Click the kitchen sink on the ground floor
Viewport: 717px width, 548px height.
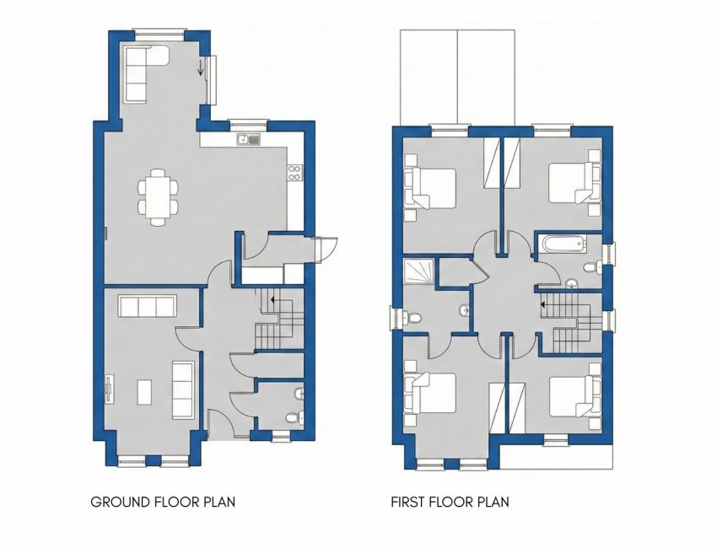[248, 139]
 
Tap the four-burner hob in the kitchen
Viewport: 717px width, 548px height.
[294, 173]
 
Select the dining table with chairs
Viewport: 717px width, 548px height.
[159, 197]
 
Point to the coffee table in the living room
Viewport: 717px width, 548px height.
[144, 392]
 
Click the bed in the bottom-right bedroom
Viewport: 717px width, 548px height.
[574, 395]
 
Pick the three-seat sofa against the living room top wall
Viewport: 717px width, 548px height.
[147, 306]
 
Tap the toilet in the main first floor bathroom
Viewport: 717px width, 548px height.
[593, 266]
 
